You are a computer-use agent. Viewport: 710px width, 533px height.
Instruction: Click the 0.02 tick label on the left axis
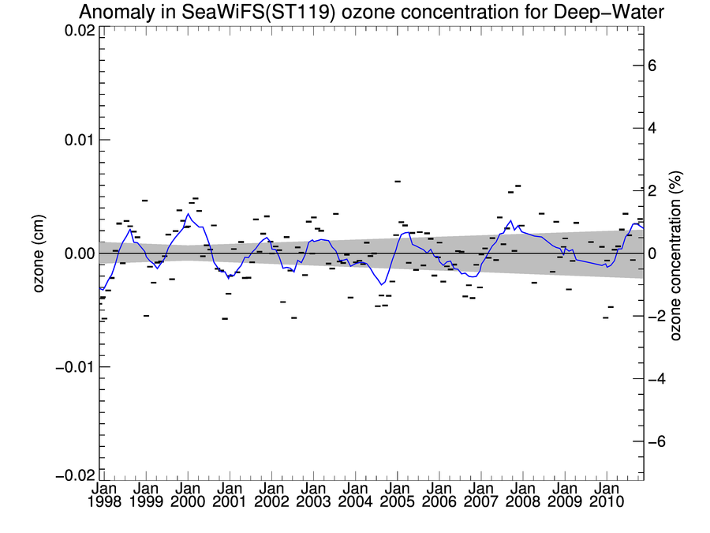coord(79,30)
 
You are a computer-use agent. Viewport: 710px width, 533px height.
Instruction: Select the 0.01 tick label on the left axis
coord(79,140)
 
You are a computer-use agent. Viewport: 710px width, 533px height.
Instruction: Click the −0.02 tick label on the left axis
coord(76,476)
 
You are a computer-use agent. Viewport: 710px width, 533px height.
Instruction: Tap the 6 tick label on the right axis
coord(652,66)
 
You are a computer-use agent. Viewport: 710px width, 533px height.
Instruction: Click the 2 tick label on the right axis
coord(652,191)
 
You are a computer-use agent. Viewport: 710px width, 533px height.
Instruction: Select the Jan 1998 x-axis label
coord(104,495)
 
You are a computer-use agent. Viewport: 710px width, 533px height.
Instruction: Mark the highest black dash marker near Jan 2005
coord(398,182)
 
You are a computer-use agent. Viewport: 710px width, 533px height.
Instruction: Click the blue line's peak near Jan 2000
coord(188,214)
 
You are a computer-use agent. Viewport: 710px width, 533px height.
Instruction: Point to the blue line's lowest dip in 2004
coord(381,284)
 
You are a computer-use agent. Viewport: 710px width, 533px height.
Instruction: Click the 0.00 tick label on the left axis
coord(79,253)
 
